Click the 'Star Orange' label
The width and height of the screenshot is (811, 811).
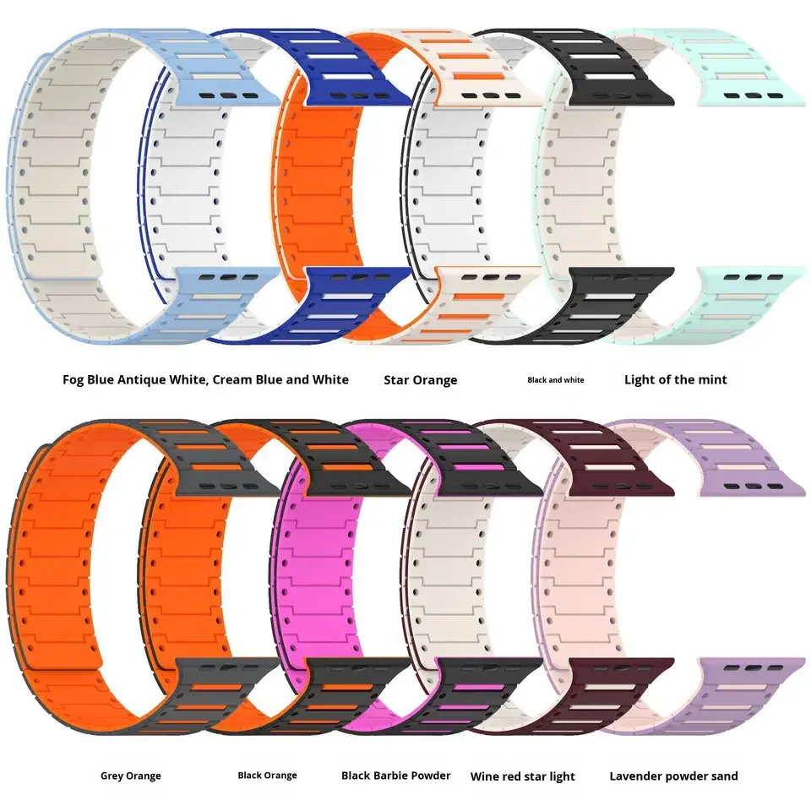click(x=420, y=380)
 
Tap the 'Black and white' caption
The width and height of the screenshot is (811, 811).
click(x=556, y=379)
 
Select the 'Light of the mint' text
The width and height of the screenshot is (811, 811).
click(x=676, y=379)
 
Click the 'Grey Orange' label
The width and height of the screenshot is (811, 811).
click(x=130, y=776)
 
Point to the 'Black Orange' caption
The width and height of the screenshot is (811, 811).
click(x=268, y=775)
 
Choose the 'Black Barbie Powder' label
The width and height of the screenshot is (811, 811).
click(x=395, y=776)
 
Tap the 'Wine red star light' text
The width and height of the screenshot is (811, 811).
click(x=522, y=776)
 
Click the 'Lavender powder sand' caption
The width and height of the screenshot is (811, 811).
click(x=673, y=776)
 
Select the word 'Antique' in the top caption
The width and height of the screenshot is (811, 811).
click(x=141, y=380)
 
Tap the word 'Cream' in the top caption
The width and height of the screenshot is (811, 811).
click(x=232, y=379)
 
